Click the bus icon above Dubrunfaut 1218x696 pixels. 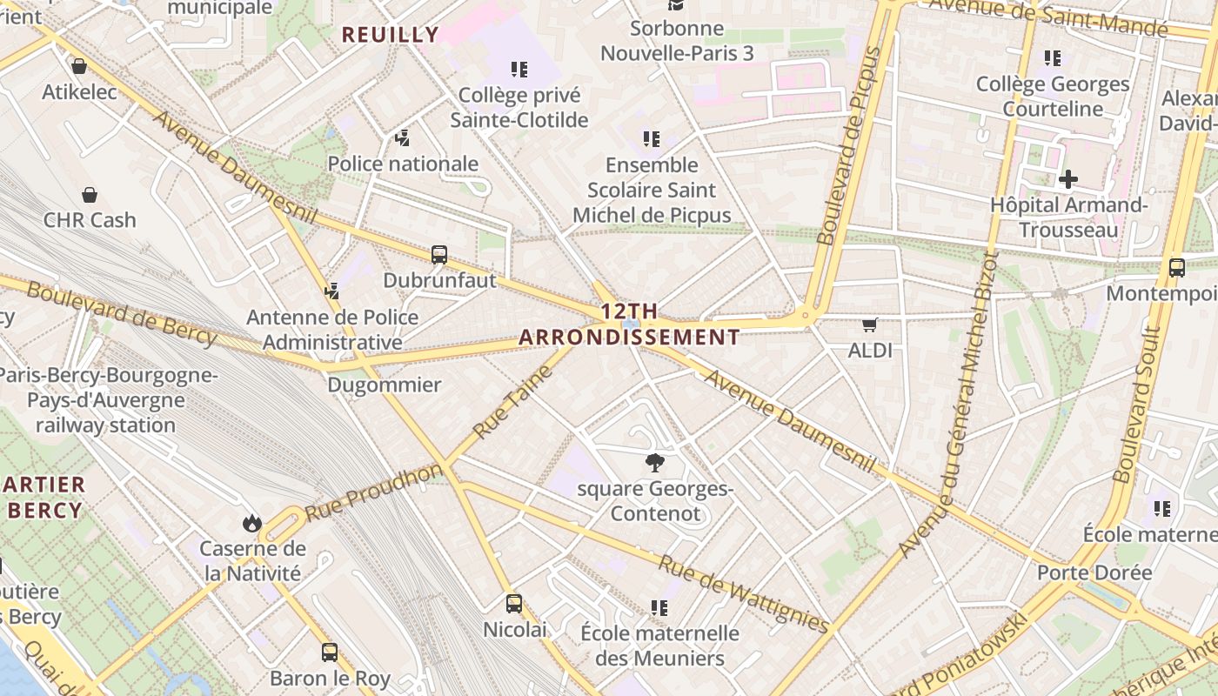[x=439, y=255]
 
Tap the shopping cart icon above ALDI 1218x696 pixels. [x=869, y=325]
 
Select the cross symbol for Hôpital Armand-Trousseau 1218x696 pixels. [x=1068, y=179]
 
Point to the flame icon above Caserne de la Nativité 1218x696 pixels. [x=252, y=523]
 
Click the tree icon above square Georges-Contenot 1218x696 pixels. [x=654, y=463]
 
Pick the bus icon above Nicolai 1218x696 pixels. [x=514, y=603]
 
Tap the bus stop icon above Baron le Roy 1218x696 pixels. [x=330, y=652]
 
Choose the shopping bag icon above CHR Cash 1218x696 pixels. [x=90, y=194]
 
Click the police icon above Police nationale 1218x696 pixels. [x=402, y=137]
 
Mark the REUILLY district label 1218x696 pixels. [x=391, y=35]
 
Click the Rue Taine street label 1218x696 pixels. [x=513, y=402]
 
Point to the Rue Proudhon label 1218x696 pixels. [x=374, y=492]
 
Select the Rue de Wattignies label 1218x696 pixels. [x=743, y=593]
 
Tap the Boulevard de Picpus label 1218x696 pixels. [x=850, y=145]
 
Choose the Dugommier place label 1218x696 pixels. [x=385, y=385]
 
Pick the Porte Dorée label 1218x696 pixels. [x=1094, y=572]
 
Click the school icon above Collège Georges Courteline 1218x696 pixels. [x=1053, y=58]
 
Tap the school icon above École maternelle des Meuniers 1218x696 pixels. [x=659, y=607]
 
